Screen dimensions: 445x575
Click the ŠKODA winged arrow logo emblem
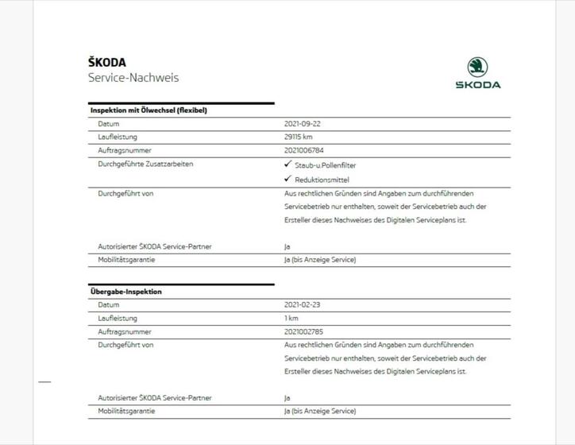pyautogui.click(x=477, y=67)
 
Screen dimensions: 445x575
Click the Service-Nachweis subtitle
pyautogui.click(x=133, y=78)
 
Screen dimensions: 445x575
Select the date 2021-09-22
pyautogui.click(x=302, y=124)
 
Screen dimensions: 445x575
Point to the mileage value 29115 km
pyautogui.click(x=298, y=137)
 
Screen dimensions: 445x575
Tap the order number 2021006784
pyautogui.click(x=304, y=150)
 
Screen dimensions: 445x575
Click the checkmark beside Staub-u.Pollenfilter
pyautogui.click(x=287, y=164)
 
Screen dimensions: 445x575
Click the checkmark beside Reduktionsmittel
pyautogui.click(x=287, y=179)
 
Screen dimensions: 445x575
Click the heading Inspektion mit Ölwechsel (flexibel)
pyautogui.click(x=149, y=110)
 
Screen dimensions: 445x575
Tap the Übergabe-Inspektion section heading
pyautogui.click(x=125, y=292)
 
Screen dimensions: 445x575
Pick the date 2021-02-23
pyautogui.click(x=302, y=305)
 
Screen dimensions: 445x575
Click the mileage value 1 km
pyautogui.click(x=291, y=318)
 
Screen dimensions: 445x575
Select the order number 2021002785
pyautogui.click(x=304, y=331)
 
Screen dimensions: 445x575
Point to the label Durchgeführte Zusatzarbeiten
pyautogui.click(x=145, y=164)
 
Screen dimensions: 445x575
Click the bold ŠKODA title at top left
pyautogui.click(x=107, y=62)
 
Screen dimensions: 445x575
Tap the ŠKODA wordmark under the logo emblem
pyautogui.click(x=478, y=85)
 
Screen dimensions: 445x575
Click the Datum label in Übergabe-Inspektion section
pyautogui.click(x=109, y=305)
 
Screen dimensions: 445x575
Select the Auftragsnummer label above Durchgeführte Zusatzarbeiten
pyautogui.click(x=125, y=150)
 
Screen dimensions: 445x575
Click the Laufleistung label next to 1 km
pyautogui.click(x=118, y=318)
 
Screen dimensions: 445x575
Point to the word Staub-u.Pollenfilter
pyautogui.click(x=325, y=164)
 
